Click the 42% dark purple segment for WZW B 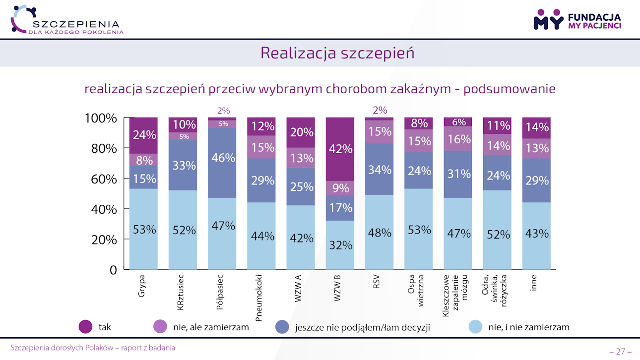(340, 149)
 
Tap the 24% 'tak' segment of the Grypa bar (143, 135)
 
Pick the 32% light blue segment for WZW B (340, 245)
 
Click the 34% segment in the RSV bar (380, 169)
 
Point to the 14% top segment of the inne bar (537, 127)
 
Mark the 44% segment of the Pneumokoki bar (261, 236)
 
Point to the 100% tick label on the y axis (100, 119)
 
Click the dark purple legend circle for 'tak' (85, 327)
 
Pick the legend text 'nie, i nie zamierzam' (528, 327)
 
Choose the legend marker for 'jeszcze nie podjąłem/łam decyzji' (282, 327)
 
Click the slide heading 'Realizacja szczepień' (337, 53)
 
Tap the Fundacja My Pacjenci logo (577, 19)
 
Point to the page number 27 (620, 351)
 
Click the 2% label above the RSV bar (380, 111)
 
